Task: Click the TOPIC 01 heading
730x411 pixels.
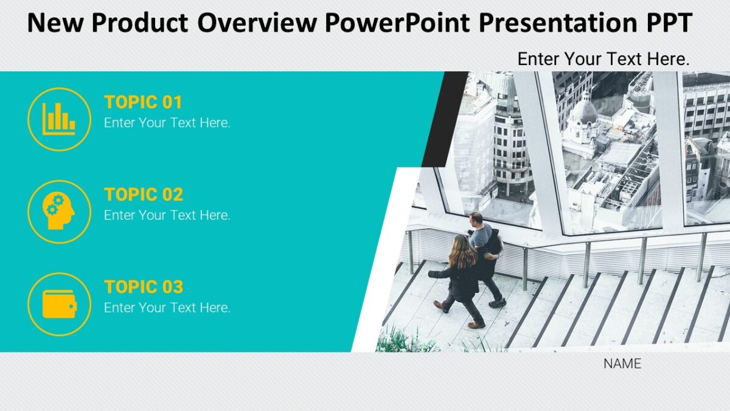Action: pos(143,102)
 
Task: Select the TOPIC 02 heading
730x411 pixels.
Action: pos(144,194)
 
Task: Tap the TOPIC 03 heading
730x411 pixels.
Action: pos(144,287)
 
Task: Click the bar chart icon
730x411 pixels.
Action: pos(59,119)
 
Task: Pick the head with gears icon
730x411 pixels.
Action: pos(59,211)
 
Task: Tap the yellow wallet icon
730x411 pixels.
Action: pos(59,304)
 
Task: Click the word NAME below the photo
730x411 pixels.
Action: pos(622,364)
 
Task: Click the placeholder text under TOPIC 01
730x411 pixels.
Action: pos(167,122)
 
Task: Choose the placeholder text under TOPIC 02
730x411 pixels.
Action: pos(167,215)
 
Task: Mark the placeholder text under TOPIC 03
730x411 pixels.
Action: pos(167,307)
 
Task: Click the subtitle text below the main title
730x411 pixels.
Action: pos(603,59)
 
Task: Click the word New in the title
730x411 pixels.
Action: pos(57,23)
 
